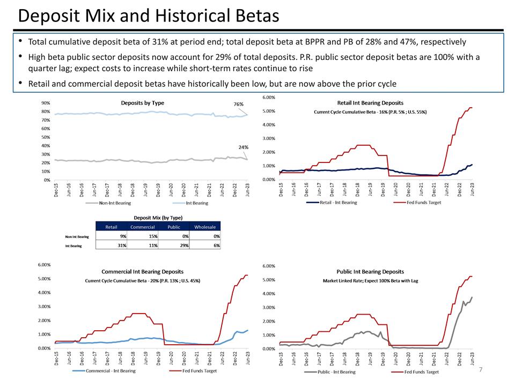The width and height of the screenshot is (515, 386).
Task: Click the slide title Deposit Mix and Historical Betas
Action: [149, 16]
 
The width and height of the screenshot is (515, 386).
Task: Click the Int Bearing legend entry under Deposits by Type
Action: [196, 203]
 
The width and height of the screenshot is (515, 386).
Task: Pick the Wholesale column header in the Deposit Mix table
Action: [205, 227]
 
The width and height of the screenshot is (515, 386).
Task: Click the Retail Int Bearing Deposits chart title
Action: [370, 102]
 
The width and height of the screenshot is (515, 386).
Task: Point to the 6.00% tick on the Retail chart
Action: [268, 98]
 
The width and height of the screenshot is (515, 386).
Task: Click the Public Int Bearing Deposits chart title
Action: [370, 271]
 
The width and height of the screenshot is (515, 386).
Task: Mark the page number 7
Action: [481, 370]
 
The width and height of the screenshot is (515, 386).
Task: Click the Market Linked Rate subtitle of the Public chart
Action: [370, 281]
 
